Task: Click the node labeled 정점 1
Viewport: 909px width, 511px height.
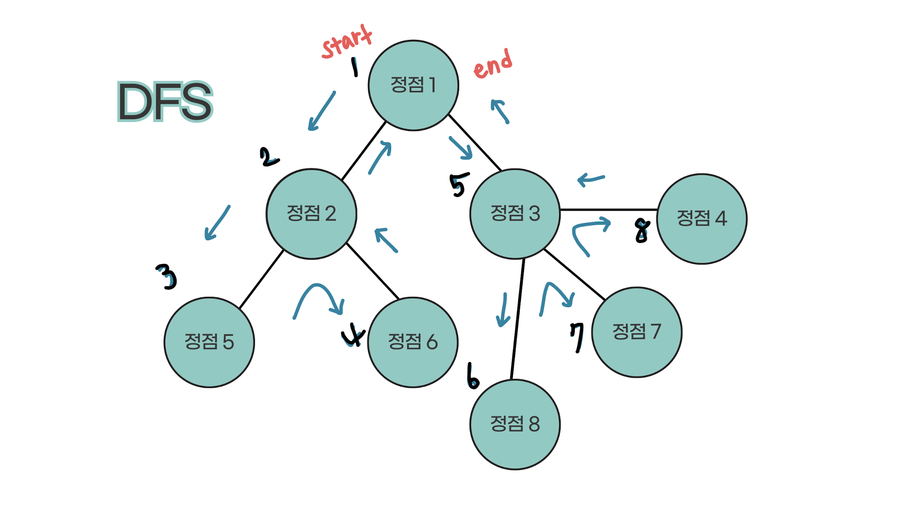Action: (413, 86)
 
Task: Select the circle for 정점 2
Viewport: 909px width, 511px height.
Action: (311, 214)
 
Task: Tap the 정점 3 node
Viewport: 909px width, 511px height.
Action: (515, 214)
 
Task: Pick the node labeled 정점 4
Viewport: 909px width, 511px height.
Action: (701, 218)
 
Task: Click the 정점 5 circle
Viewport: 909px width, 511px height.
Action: (209, 342)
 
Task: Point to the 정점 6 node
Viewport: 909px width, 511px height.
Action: (413, 342)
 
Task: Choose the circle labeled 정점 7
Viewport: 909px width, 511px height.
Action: (636, 332)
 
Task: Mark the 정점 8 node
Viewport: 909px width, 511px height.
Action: (515, 424)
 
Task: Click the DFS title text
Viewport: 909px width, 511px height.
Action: (165, 102)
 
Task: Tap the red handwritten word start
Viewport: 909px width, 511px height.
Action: (347, 41)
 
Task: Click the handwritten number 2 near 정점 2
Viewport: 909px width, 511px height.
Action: (268, 157)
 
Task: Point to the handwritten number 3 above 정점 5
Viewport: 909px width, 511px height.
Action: (167, 276)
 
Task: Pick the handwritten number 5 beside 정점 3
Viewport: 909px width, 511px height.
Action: (459, 184)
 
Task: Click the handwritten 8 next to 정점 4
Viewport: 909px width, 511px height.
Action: (642, 231)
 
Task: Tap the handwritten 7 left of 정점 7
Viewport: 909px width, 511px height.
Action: (577, 337)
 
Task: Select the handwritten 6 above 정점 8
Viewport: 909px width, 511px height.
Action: (473, 377)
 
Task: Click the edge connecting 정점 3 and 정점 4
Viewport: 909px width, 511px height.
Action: (608, 209)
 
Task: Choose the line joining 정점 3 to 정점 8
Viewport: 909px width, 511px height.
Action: (517, 319)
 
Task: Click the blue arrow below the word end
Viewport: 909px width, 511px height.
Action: (500, 111)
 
